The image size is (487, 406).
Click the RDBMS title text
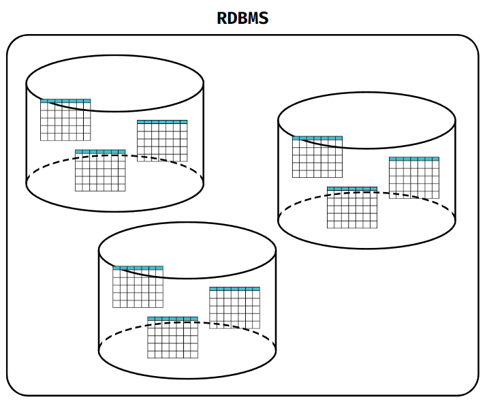tap(242, 18)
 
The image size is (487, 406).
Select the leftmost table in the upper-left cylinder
tap(65, 121)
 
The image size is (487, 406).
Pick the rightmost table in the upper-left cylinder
tap(162, 142)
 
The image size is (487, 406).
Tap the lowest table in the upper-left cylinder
tap(100, 171)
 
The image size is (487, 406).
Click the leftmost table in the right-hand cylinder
tap(317, 157)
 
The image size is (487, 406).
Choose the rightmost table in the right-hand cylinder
tap(414, 178)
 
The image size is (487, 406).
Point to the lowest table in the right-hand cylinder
tap(352, 208)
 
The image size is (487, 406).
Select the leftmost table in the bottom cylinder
tap(138, 287)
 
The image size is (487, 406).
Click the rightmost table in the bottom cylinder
tap(234, 309)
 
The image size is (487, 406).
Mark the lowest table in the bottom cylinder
tap(172, 338)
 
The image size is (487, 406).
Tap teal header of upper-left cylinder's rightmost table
tap(162, 122)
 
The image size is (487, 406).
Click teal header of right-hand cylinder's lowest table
tap(352, 189)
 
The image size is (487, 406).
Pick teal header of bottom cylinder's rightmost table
tap(234, 289)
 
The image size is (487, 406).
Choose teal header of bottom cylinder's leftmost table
tap(138, 268)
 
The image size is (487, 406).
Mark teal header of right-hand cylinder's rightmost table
tap(414, 159)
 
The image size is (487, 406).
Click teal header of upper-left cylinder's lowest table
tap(100, 152)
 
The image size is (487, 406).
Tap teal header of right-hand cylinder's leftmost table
tap(317, 138)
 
